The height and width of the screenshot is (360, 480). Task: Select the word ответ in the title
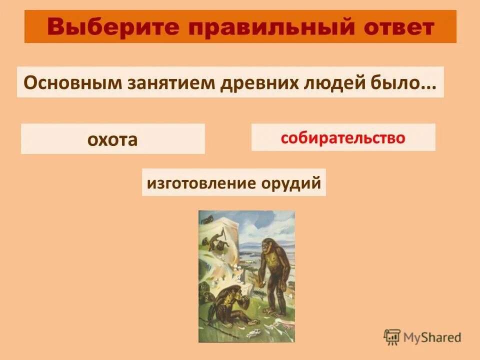click(x=393, y=27)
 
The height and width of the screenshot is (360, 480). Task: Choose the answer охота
click(x=112, y=139)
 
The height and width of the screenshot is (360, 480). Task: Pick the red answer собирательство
click(x=343, y=137)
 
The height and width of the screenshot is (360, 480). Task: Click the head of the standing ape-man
click(x=267, y=246)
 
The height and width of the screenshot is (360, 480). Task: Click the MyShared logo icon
click(x=392, y=337)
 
